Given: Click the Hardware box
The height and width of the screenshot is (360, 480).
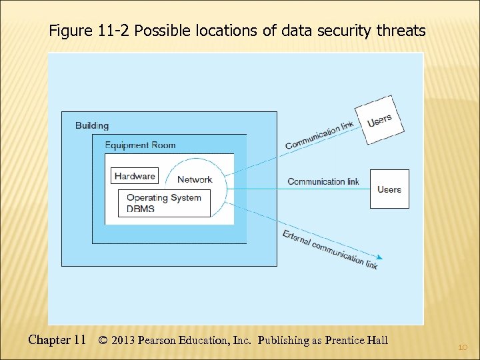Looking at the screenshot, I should point(135,176).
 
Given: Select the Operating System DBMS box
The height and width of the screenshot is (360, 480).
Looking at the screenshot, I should point(164,203).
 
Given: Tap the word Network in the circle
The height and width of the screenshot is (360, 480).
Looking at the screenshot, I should point(195,179).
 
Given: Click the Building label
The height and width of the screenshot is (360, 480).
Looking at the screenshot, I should point(92,125).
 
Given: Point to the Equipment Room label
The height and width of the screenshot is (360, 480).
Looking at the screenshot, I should point(141,145).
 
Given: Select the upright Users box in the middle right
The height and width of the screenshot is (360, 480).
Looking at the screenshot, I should point(389,189).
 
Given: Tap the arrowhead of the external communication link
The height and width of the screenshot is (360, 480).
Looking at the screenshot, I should point(380,259).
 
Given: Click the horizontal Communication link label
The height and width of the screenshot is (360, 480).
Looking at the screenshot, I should point(323,181).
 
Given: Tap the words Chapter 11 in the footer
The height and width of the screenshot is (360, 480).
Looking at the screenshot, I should point(57,340).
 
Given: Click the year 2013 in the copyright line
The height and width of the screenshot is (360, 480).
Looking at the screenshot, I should point(124,341).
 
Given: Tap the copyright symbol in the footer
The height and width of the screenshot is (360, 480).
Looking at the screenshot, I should point(103,341).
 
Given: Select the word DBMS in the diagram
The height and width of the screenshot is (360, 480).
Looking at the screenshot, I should point(140,208).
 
